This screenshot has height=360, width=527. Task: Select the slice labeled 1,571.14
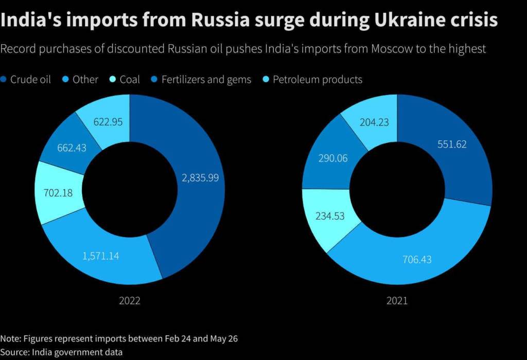[x=101, y=256]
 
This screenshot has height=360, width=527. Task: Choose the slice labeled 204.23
[x=374, y=122]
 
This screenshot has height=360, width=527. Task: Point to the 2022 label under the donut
[x=130, y=301]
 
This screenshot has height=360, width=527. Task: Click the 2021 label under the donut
[x=397, y=301]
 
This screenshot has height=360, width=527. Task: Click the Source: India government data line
[x=61, y=352]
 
